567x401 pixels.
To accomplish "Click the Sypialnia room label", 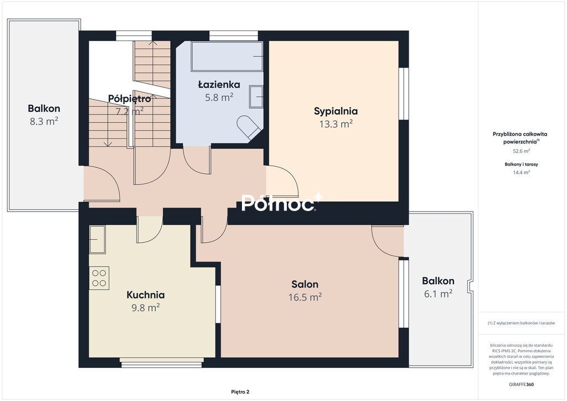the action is [x=336, y=111].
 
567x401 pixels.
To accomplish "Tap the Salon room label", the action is [x=305, y=284].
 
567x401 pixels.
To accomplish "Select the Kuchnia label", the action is [x=146, y=295].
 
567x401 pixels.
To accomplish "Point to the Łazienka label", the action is [x=219, y=85].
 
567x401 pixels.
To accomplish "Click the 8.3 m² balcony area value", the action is [x=44, y=121].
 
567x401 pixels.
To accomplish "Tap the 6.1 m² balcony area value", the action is [x=438, y=294].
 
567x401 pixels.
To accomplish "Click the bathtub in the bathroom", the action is [x=226, y=56].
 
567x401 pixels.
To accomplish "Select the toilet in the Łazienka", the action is [x=248, y=127].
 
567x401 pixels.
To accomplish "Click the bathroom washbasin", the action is [x=256, y=96].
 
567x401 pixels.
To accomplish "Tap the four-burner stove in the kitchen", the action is [x=99, y=277].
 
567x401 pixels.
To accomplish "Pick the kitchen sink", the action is [x=97, y=239].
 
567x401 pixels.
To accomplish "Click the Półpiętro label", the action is [x=130, y=99].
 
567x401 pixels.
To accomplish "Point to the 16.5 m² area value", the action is [x=305, y=297].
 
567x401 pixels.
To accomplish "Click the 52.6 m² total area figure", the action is [x=521, y=151].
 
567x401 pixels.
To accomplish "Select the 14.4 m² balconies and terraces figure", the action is [x=521, y=172].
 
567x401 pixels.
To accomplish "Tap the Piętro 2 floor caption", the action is [x=240, y=392].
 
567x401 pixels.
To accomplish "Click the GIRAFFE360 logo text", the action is [x=521, y=384].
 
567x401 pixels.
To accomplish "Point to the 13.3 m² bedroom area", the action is [x=336, y=124].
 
